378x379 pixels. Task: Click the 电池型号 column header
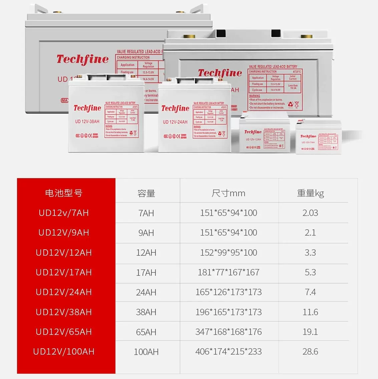(x=64, y=193)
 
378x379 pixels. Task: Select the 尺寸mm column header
(x=229, y=193)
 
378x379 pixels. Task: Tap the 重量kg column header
(x=310, y=193)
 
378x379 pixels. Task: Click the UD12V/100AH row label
(x=64, y=352)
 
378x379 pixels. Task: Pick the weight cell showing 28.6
(x=310, y=352)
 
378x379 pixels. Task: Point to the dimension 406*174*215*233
(x=229, y=352)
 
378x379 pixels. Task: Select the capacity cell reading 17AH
(x=146, y=272)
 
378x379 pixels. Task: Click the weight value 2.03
(x=310, y=213)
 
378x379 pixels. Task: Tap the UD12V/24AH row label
(x=64, y=292)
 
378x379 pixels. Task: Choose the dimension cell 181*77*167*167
(x=229, y=272)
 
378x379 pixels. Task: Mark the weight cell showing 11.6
(x=310, y=312)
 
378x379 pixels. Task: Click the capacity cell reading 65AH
(x=146, y=332)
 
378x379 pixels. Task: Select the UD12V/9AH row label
(x=64, y=233)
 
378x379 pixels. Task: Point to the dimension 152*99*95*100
(x=229, y=253)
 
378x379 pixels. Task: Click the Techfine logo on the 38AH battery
(x=87, y=108)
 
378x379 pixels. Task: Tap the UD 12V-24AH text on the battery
(x=175, y=122)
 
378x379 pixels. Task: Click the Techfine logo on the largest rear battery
(x=82, y=59)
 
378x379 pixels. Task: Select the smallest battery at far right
(x=318, y=138)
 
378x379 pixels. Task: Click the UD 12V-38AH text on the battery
(x=87, y=121)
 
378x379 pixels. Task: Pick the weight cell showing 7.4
(x=310, y=292)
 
